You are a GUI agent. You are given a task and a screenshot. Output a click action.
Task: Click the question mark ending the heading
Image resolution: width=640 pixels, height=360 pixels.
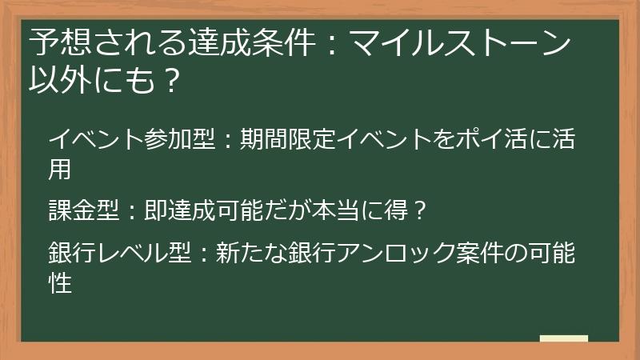[169, 80]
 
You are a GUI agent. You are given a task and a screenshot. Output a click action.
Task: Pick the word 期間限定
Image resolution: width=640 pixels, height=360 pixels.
[286, 141]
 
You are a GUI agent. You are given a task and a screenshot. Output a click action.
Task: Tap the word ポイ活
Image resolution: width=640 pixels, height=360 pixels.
[488, 141]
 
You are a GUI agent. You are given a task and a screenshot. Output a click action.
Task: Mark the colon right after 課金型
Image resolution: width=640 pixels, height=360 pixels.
[131, 212]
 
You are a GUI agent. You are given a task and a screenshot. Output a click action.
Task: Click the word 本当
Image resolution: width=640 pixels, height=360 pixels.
[334, 212]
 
